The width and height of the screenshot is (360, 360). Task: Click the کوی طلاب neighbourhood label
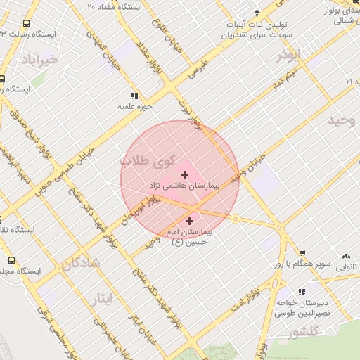[x=148, y=160]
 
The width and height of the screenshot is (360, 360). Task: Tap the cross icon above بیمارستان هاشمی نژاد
[x=185, y=174]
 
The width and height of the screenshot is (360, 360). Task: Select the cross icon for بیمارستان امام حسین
[x=189, y=221]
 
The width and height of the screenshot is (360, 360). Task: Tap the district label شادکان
[x=81, y=264]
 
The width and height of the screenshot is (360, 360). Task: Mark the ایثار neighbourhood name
[x=101, y=298]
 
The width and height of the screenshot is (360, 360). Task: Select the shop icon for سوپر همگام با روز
[x=302, y=252]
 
